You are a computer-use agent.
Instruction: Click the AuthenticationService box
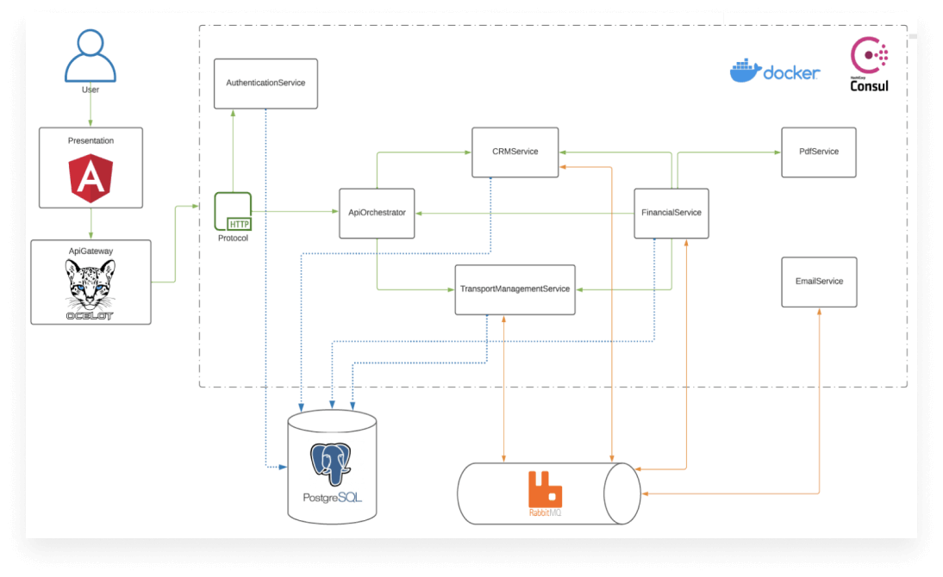click(x=265, y=84)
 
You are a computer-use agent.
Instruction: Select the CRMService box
click(x=515, y=152)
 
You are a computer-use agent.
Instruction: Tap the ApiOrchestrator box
click(x=377, y=214)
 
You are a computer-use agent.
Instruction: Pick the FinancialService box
click(x=671, y=214)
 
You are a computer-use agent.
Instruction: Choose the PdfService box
click(x=819, y=152)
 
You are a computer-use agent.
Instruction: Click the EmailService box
click(x=819, y=282)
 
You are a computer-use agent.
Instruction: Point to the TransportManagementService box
click(x=515, y=289)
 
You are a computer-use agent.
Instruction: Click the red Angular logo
click(x=91, y=178)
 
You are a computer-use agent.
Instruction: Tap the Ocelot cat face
click(x=91, y=283)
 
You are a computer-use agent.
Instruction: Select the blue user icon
click(x=91, y=55)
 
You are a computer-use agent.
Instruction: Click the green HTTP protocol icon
click(x=233, y=212)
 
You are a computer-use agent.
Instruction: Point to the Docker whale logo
click(x=746, y=71)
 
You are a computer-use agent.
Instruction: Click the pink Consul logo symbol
click(x=869, y=55)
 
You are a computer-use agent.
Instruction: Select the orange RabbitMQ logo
click(x=545, y=490)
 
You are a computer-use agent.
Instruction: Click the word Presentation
click(x=91, y=140)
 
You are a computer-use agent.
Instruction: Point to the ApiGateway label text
click(x=91, y=251)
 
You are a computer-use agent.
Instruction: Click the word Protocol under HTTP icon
click(x=233, y=238)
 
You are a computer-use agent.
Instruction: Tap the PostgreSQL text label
click(x=332, y=498)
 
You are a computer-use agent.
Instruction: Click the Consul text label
click(x=869, y=86)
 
